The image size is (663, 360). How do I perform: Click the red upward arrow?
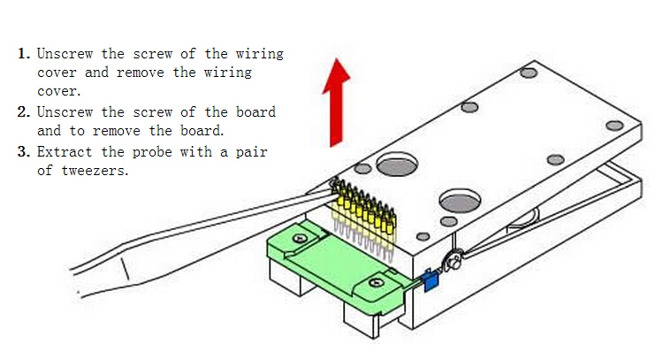click(x=337, y=103)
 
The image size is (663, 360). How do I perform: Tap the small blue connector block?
click(x=431, y=280)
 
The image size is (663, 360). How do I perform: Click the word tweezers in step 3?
click(x=95, y=171)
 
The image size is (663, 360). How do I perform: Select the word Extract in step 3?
click(x=65, y=151)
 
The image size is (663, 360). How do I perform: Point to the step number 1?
click(x=24, y=54)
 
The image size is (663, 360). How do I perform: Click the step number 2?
click(x=24, y=112)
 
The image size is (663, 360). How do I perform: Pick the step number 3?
click(x=24, y=152)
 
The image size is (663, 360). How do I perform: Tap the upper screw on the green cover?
click(x=301, y=239)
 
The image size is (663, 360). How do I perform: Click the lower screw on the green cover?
click(x=376, y=282)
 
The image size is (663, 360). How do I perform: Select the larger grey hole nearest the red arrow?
click(x=397, y=165)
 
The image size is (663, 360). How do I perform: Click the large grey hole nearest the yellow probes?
click(x=460, y=201)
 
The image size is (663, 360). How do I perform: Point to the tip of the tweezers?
click(x=334, y=185)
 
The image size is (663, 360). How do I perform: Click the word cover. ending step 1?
click(x=58, y=91)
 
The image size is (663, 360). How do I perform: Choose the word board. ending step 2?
click(x=202, y=131)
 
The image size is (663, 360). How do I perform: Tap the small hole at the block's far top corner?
click(x=529, y=73)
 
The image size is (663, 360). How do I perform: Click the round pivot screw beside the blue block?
click(x=453, y=262)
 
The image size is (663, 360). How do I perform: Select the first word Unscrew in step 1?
click(x=65, y=54)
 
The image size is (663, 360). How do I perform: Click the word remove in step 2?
click(x=117, y=131)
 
